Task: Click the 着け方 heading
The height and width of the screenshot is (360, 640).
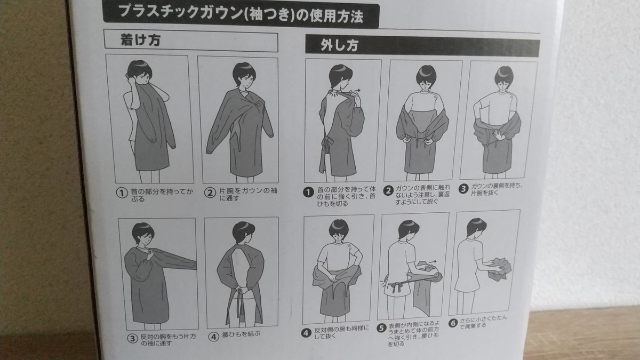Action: coord(141,41)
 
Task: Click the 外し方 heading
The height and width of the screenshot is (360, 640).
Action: coord(340,45)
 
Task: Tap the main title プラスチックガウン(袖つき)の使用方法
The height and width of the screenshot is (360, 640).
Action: coord(241,14)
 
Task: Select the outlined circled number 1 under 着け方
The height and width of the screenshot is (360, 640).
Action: coord(122,193)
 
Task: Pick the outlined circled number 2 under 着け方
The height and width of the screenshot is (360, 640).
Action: coord(210,193)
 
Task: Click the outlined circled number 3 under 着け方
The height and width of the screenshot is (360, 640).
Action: coord(133,339)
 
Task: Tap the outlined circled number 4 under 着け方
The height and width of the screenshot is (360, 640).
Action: coord(213,337)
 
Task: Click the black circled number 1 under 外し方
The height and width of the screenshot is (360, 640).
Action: coord(308,193)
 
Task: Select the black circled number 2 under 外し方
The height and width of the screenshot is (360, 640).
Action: coord(388,190)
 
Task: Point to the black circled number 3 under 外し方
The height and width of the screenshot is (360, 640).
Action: coord(463,189)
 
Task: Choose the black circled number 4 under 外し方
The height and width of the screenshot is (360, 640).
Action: coord(306,333)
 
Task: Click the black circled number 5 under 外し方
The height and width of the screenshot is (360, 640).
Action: coord(381,328)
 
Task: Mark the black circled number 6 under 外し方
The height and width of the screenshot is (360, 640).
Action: coord(453,323)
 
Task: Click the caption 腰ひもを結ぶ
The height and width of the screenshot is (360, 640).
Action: coord(242,334)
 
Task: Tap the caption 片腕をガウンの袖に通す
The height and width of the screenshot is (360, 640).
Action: coord(248,194)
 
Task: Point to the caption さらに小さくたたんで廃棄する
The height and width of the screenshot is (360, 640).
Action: coord(483,322)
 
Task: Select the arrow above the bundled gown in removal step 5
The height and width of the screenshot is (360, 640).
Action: coord(433,261)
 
